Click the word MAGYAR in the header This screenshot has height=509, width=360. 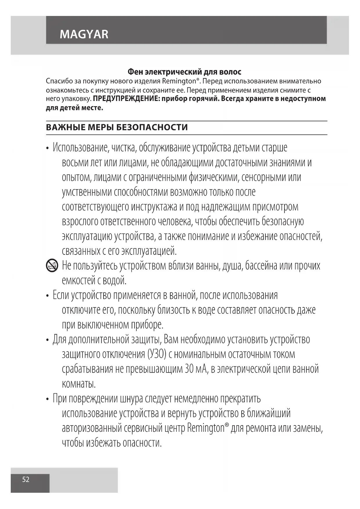point(84,34)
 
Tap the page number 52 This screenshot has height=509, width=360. point(26,479)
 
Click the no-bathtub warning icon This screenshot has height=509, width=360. point(52,266)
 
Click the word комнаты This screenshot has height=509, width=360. point(79,384)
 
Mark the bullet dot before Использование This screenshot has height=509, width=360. point(48,148)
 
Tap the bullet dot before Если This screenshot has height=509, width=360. point(48,296)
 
